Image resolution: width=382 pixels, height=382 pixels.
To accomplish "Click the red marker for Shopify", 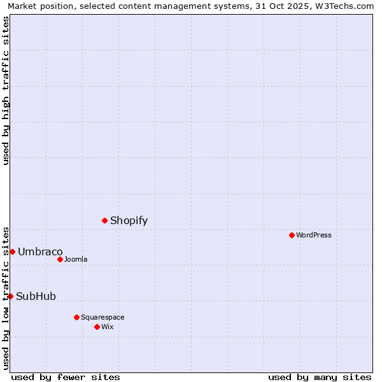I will coord(104,220).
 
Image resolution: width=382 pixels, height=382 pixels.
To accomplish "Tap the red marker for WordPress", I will coord(292,235).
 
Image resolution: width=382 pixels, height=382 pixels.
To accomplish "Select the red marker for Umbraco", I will coord(12,251).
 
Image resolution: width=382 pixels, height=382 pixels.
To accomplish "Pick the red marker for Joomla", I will coord(60,259).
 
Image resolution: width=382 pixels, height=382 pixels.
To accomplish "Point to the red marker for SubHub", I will coord(10,296).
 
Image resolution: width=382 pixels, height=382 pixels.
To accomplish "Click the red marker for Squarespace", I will coord(76,317).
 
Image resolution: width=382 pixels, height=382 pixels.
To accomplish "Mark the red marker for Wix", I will coord(97,327).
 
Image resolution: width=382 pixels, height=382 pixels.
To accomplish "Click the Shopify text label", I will coord(129,221).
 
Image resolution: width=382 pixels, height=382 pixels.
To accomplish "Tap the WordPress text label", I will coord(313,235).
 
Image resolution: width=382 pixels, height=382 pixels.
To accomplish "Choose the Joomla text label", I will coord(76,259).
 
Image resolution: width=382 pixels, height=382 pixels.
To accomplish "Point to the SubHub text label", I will coord(36,297).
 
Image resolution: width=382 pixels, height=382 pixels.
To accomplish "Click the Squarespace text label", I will coord(103,317).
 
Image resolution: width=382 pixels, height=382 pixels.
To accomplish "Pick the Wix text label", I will coord(107,327).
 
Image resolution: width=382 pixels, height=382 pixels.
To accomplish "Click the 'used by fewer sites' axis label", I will coord(66,377).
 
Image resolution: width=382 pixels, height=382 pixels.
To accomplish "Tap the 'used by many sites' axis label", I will coord(320,377).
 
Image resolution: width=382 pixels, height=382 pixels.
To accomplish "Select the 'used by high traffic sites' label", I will coord(6,90).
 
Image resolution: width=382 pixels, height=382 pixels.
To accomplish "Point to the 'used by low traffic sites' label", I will coord(6,298).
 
